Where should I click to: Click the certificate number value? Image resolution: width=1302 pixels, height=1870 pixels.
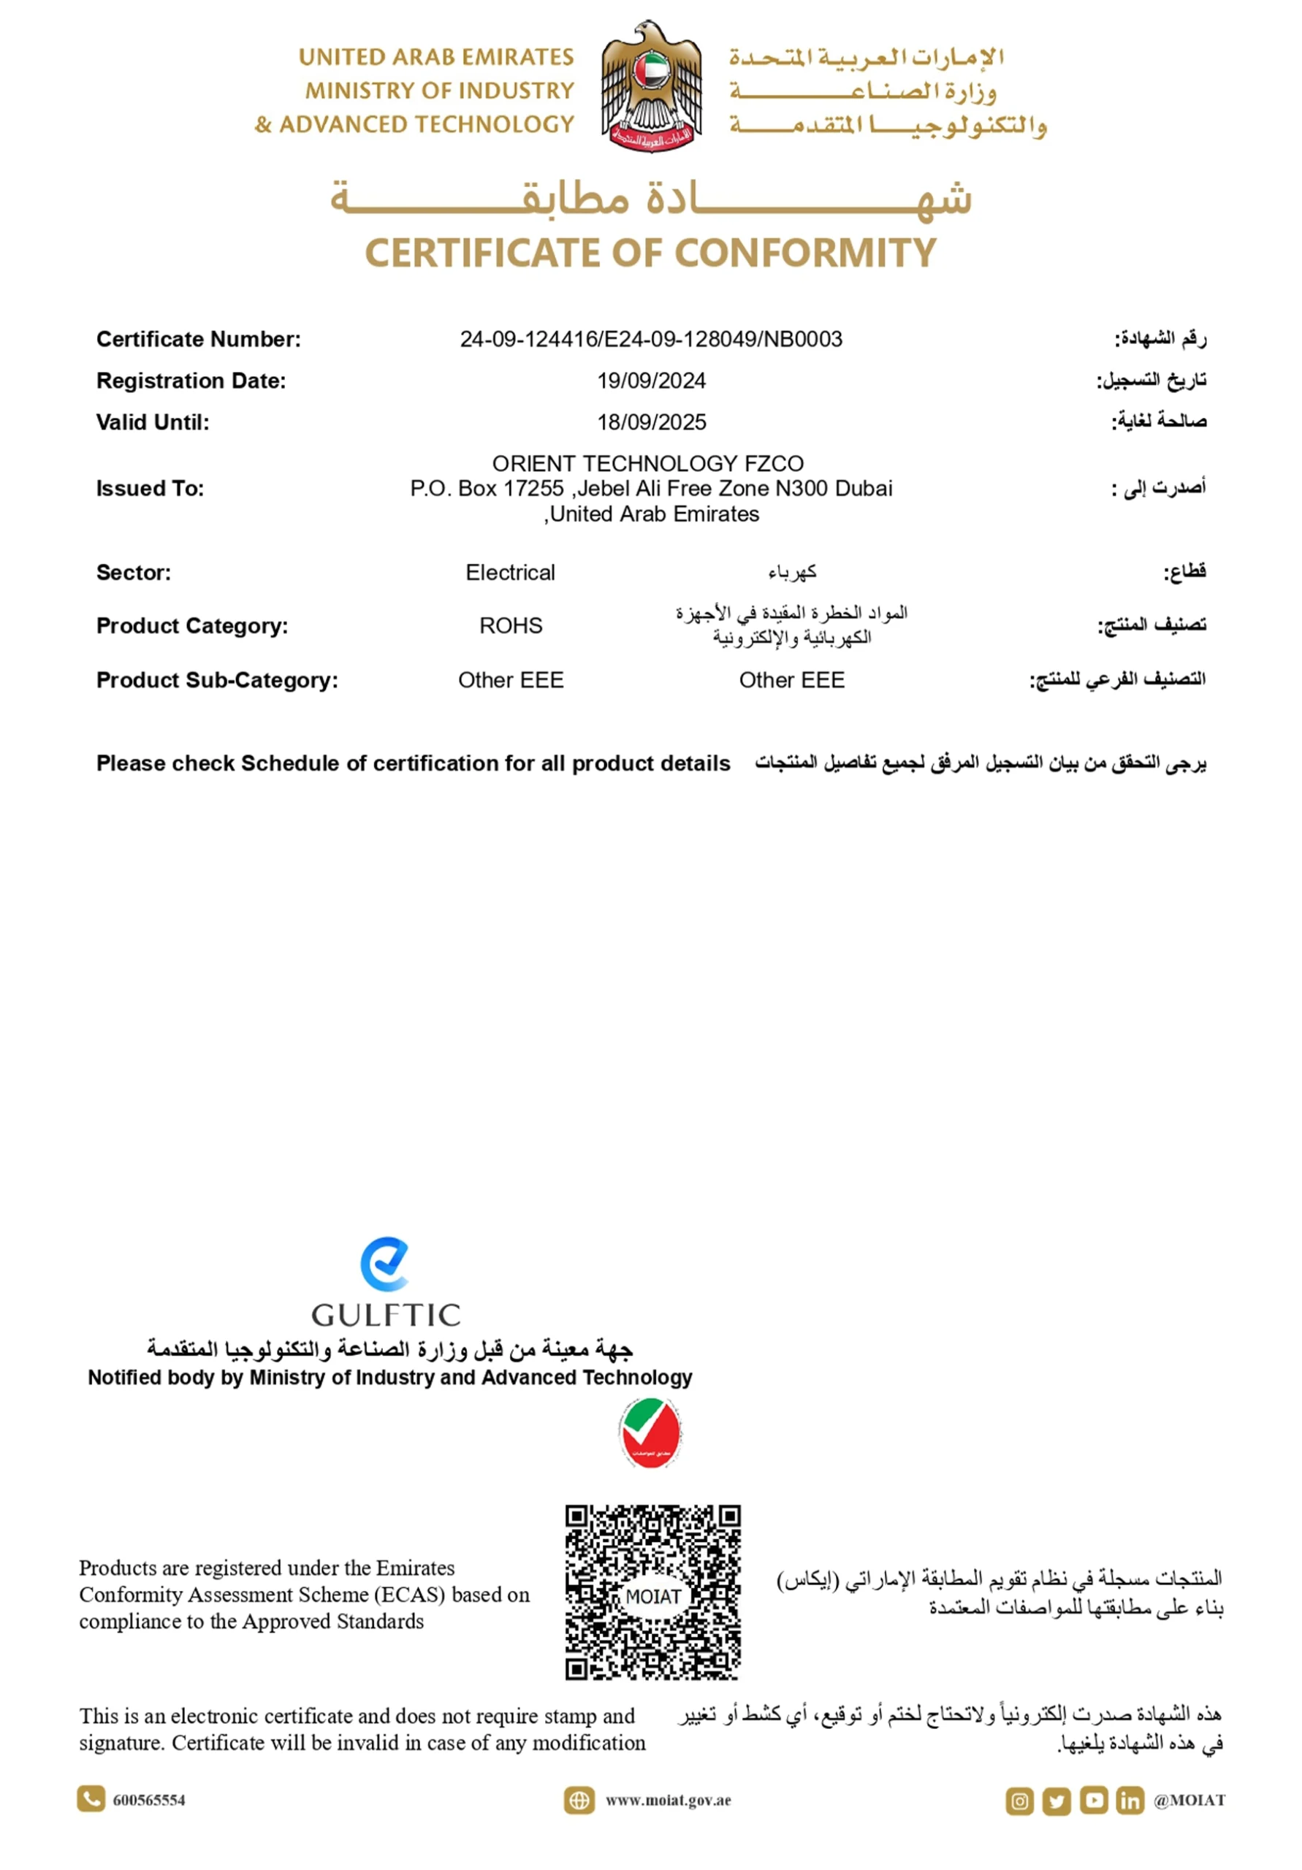(x=650, y=339)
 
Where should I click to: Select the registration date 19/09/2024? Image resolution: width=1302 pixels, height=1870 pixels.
(x=650, y=381)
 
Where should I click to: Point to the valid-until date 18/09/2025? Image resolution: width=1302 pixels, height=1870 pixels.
(x=650, y=422)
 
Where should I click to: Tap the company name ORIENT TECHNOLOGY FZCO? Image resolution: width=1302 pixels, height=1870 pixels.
(x=648, y=463)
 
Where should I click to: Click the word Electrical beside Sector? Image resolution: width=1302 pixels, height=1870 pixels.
(x=510, y=573)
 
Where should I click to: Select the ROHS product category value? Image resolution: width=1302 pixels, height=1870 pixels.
(x=510, y=625)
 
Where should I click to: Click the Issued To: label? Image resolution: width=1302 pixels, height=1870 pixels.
(x=150, y=489)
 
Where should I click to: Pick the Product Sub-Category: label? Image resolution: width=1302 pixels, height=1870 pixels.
(x=217, y=680)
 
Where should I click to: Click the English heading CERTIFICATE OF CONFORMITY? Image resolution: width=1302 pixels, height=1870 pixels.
(x=650, y=253)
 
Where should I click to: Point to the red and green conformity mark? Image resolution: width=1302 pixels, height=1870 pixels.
(x=650, y=1433)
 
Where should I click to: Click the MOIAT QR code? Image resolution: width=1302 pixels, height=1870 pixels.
(x=652, y=1592)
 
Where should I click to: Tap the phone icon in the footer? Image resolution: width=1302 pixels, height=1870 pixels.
(x=91, y=1799)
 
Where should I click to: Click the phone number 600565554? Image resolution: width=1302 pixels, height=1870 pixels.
(x=149, y=1800)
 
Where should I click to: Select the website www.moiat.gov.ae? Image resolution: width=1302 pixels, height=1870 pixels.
(x=667, y=1800)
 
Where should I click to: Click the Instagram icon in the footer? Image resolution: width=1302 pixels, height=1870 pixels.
(x=1019, y=1801)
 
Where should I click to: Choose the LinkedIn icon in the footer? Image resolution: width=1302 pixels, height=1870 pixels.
(x=1130, y=1800)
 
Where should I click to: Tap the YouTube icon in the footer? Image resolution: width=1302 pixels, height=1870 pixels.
(x=1094, y=1800)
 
